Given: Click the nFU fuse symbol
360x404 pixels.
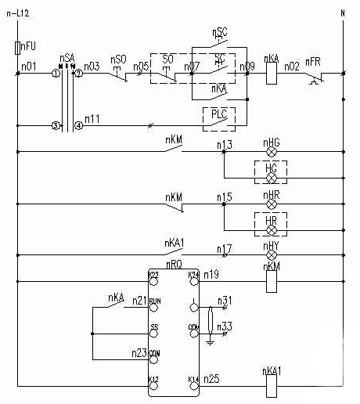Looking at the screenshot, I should (x=17, y=49).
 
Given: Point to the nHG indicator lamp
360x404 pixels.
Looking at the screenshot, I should (x=272, y=152).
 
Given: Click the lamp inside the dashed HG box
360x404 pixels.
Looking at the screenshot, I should (x=271, y=175).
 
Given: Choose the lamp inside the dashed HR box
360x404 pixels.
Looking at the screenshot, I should (x=271, y=227).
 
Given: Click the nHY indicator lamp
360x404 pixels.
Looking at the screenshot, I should (x=272, y=255).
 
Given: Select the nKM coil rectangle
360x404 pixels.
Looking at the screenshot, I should (x=272, y=280).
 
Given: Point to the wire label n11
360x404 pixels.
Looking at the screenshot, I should (x=92, y=118).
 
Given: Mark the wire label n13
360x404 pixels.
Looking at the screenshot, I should (x=225, y=144).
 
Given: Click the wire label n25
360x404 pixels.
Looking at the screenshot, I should (x=211, y=379).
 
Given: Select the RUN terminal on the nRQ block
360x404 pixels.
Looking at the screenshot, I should (x=154, y=301).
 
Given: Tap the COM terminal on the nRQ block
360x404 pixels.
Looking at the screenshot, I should (x=193, y=326).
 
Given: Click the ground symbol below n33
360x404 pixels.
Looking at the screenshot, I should (x=210, y=341).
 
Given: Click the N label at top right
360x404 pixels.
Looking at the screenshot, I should (x=342, y=13).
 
